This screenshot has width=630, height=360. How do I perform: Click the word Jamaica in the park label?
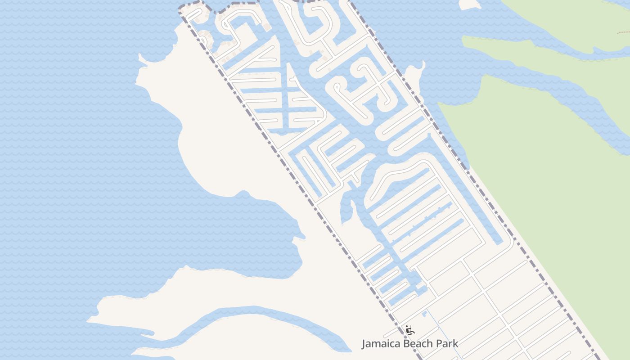pyautogui.click(x=381, y=344)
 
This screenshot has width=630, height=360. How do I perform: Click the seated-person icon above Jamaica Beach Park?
pyautogui.click(x=409, y=330)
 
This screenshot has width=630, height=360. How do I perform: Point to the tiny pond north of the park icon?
pyautogui.click(x=424, y=312)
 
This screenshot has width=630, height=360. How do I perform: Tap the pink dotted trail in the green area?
pyautogui.click(x=624, y=33)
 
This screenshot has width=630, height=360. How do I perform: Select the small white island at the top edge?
pyautogui.click(x=470, y=4)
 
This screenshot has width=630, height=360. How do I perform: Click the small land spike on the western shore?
pyautogui.click(x=142, y=58)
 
